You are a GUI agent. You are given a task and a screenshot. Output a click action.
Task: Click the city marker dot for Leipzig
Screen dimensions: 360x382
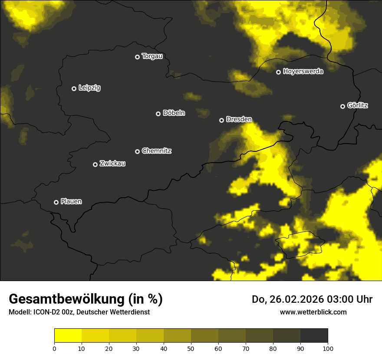coord(74,88)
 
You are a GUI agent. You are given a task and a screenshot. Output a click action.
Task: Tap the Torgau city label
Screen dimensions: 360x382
coord(152,56)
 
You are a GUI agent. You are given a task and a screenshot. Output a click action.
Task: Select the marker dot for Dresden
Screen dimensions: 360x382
coord(221,120)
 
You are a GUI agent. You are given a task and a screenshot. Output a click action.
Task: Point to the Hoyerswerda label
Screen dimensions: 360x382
coord(303,72)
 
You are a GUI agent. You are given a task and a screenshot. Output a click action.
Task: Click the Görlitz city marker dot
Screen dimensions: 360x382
coord(342,106)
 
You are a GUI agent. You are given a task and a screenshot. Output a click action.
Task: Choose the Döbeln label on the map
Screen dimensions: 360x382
coord(174,113)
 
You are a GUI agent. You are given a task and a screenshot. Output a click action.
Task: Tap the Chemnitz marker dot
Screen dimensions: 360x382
coord(137,151)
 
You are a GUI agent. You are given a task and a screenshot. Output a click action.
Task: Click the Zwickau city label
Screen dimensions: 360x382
coord(112,164)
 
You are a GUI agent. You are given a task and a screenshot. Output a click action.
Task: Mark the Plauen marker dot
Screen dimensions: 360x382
coord(56,202)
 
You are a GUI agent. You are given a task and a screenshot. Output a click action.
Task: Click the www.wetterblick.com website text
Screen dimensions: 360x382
coord(313,312)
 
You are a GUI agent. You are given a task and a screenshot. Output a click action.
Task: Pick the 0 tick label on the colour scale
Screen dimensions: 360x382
coord(54,348)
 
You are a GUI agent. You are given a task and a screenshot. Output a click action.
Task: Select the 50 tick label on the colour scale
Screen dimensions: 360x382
coord(191,348)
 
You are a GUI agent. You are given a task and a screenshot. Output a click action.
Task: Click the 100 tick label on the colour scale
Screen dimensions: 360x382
coord(328,348)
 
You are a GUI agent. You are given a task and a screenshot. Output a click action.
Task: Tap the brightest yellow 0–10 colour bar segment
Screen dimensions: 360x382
coord(68,335)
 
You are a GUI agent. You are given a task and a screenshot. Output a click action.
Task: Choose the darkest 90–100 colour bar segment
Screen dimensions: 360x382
coord(314,335)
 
